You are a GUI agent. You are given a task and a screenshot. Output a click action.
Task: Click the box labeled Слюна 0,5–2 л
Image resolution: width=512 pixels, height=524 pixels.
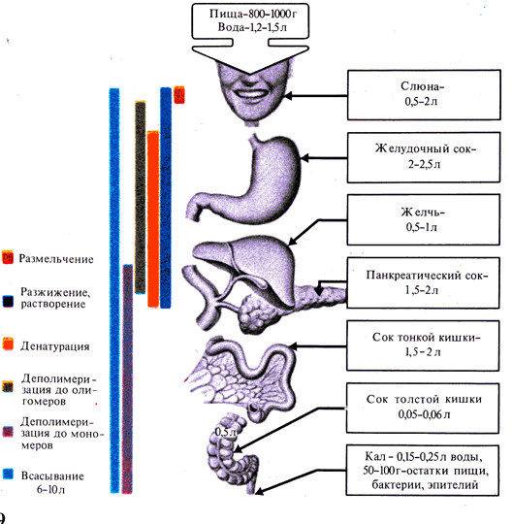point(424,95)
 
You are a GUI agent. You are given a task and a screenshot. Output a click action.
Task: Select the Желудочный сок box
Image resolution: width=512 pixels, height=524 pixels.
point(424,157)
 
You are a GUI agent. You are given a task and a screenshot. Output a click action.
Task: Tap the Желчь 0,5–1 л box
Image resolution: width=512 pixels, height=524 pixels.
point(423,220)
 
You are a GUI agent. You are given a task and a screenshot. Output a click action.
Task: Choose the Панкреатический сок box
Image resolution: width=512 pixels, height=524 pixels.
point(423,282)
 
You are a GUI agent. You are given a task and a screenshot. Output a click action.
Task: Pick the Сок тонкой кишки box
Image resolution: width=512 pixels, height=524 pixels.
point(423,345)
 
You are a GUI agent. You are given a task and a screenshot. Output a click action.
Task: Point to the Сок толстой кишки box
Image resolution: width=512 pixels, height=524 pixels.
point(423,409)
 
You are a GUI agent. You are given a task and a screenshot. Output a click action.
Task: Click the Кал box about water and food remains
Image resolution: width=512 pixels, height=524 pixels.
point(423,471)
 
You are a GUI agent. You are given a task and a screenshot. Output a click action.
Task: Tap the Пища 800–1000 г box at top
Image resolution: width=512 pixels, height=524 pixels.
point(250,20)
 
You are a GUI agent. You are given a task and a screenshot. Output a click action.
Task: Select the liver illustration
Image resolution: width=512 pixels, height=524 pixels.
point(245,264)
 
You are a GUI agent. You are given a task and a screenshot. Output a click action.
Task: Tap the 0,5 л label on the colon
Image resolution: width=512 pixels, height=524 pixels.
point(225,432)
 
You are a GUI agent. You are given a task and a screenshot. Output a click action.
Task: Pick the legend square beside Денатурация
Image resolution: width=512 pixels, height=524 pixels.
point(8,344)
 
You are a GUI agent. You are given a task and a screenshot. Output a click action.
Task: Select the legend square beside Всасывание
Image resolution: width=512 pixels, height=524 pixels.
point(8,475)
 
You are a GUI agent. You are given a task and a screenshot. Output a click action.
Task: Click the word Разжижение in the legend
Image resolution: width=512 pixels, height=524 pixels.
point(55,292)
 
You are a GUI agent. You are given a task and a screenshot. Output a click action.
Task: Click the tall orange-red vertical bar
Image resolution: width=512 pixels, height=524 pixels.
point(153,219)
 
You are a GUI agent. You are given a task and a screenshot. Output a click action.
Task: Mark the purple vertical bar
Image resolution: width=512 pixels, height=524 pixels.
point(127,378)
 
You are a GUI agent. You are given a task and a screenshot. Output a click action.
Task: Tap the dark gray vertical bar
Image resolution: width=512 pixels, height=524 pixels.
point(141,198)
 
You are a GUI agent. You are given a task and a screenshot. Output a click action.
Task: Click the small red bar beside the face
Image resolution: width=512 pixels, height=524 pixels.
point(179,94)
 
